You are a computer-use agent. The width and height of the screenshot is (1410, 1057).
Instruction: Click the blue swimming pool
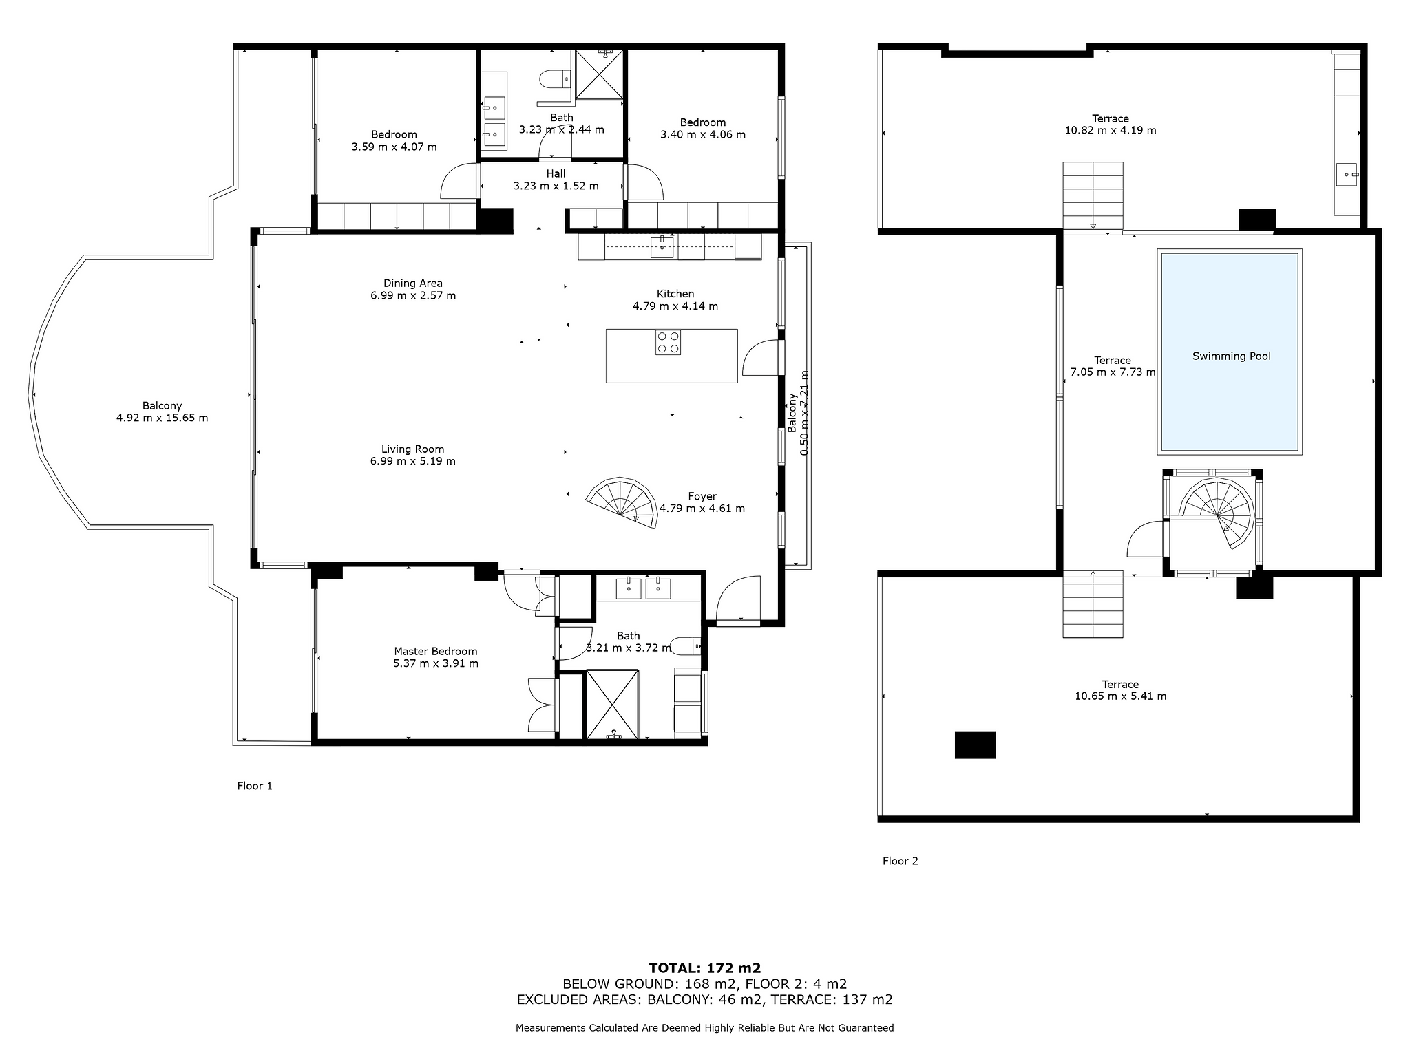tap(1229, 351)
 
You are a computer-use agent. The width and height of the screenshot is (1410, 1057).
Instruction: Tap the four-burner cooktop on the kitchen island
tap(669, 343)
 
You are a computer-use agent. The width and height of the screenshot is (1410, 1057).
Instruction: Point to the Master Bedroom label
tap(435, 651)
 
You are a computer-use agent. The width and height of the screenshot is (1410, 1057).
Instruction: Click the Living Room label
tap(413, 449)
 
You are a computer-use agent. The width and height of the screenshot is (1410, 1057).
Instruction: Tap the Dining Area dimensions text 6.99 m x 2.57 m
tap(413, 295)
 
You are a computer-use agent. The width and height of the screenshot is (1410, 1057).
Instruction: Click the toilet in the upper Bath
tap(555, 80)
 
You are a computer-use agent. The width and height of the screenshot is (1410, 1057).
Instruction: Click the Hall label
tap(556, 173)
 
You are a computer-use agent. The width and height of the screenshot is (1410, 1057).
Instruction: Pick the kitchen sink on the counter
tap(662, 246)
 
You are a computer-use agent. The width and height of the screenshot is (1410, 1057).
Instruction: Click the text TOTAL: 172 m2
tap(705, 969)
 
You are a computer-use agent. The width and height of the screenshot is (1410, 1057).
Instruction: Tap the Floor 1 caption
tap(255, 786)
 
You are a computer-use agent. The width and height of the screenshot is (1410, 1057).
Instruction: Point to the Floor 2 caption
tap(901, 861)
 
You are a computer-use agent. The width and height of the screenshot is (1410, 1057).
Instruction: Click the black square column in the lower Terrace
tap(975, 745)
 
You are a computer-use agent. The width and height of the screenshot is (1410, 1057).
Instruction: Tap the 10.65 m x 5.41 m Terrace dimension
tap(1121, 696)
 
